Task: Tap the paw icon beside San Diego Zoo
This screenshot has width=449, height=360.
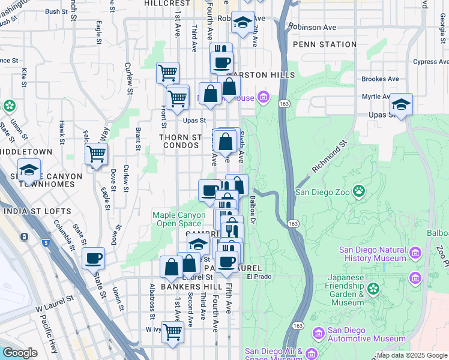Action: tap(359, 192)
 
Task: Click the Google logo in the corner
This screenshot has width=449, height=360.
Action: tap(20, 353)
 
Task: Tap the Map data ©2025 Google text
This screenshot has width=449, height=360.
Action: tap(412, 355)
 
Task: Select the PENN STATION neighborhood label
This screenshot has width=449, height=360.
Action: tap(325, 44)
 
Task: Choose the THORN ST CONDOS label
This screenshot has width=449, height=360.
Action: tap(180, 142)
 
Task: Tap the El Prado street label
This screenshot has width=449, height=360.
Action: tap(259, 277)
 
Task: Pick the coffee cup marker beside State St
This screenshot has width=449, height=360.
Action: tap(94, 259)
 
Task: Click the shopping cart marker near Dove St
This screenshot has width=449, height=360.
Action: tap(96, 154)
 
